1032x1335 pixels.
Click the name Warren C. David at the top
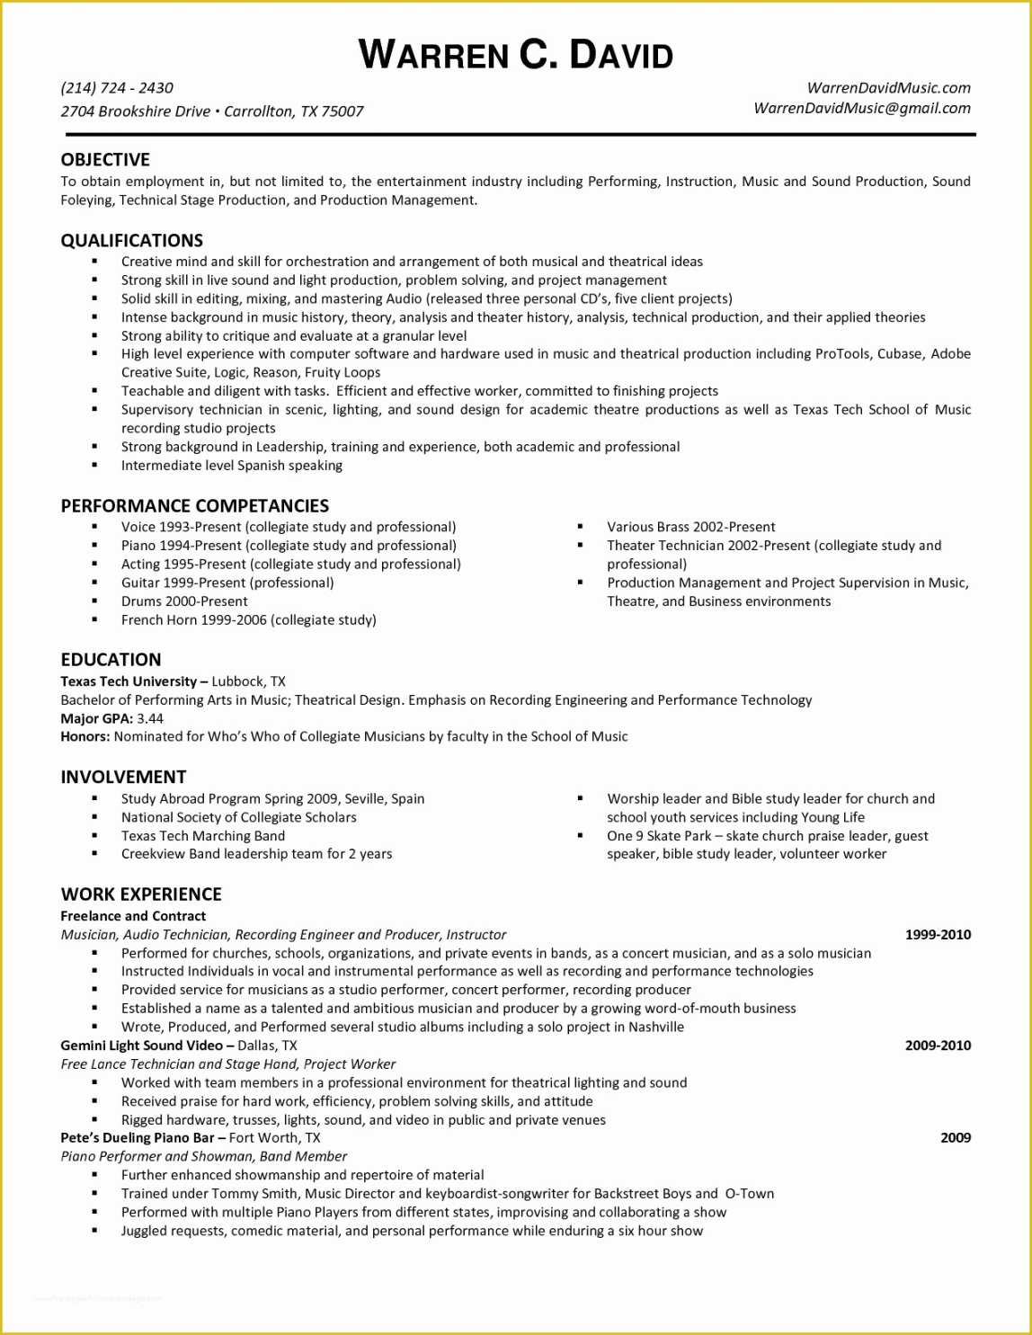516,55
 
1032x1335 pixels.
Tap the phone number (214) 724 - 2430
117,88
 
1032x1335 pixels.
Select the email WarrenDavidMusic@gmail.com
861,108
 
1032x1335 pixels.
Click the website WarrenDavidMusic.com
888,88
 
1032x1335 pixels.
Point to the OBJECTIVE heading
105,160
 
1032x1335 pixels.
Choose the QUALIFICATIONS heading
132,240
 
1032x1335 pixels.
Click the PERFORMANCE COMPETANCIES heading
195,505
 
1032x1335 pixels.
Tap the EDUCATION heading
111,659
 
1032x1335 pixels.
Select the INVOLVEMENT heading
123,777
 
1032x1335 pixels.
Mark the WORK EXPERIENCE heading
141,894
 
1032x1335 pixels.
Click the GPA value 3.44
151,718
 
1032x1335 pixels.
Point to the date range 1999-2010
938,934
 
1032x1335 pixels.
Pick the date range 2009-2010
938,1046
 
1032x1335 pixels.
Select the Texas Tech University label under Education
129,681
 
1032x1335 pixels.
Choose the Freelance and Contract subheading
133,916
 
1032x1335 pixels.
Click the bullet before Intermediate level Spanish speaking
94,466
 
